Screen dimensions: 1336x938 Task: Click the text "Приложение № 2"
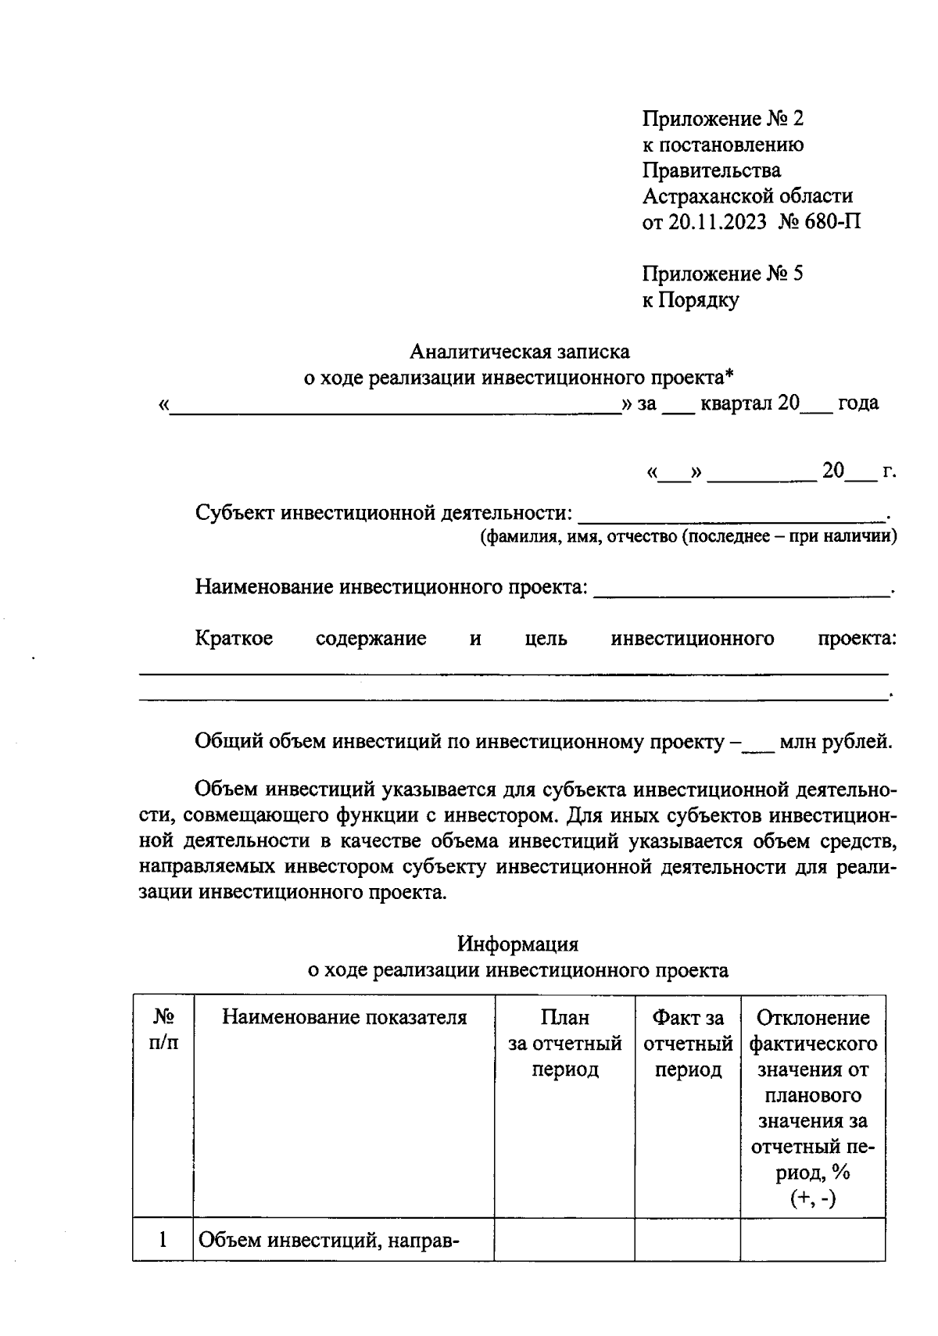(722, 119)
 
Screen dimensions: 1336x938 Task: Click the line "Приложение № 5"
(722, 274)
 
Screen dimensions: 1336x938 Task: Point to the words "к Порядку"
(690, 299)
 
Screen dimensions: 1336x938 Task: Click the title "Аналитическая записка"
(519, 352)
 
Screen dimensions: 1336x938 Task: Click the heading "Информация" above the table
(517, 944)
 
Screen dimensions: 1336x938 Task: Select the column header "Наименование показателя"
(344, 1017)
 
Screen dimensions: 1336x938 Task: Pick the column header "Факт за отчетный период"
(688, 1043)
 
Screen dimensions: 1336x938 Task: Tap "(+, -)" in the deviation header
(812, 1198)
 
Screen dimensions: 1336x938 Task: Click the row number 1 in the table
(163, 1239)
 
